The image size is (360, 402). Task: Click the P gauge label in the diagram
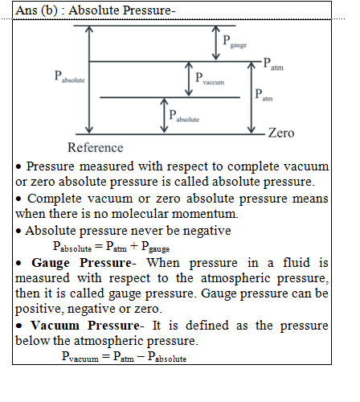(235, 42)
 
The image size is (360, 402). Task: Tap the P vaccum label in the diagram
(210, 79)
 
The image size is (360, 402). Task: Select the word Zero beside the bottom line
(281, 133)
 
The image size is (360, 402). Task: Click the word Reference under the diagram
(96, 147)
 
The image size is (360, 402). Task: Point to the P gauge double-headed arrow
(216, 43)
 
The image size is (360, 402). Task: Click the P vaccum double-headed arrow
(189, 79)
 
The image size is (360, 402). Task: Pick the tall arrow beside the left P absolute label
(89, 80)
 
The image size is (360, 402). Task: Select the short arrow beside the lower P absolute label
(164, 116)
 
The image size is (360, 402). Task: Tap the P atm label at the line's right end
(273, 64)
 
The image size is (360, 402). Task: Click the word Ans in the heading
(27, 10)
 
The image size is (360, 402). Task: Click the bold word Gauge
(51, 263)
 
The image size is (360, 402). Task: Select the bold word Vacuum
(55, 326)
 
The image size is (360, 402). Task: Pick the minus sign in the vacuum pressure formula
(141, 357)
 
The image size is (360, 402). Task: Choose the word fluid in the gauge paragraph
(297, 262)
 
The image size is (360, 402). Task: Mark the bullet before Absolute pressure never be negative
(18, 231)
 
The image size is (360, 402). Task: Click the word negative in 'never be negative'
(207, 232)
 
